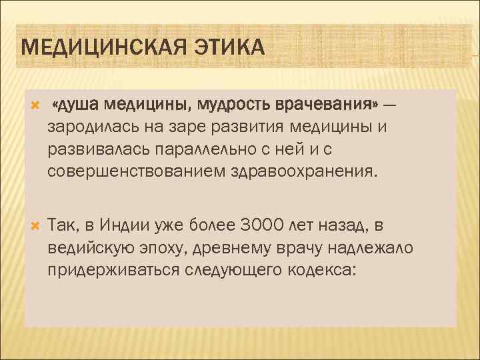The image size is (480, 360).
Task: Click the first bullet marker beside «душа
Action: tap(35, 105)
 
